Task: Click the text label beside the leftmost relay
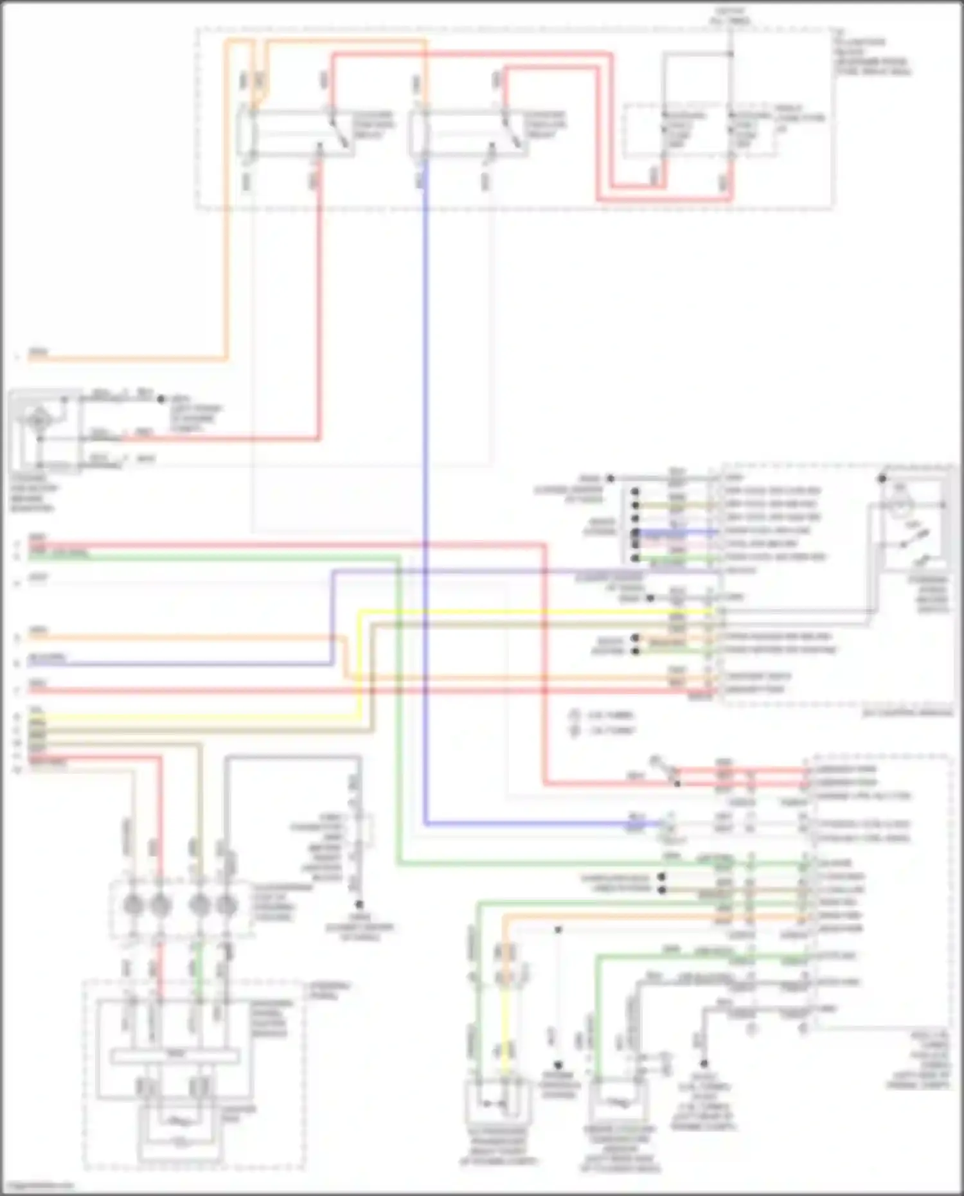(x=373, y=125)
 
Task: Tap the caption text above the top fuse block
(x=729, y=17)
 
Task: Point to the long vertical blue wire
(x=425, y=450)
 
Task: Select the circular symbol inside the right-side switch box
(x=900, y=505)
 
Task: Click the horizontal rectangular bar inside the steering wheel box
(x=175, y=1056)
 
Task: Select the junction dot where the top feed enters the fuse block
(x=730, y=54)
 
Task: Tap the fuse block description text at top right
(x=871, y=57)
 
